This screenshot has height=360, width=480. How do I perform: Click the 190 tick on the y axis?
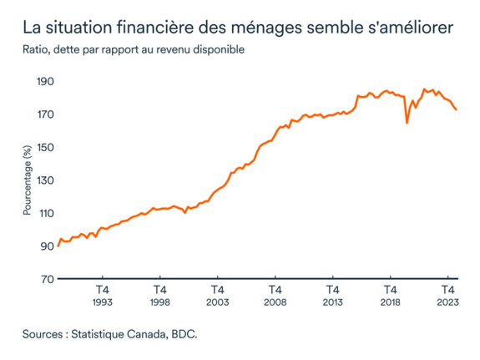coord(43,82)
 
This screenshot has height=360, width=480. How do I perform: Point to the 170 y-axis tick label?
coord(43,114)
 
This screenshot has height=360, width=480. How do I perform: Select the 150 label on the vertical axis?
coord(43,147)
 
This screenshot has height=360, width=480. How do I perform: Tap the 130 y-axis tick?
coord(43,180)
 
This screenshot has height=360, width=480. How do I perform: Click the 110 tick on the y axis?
coord(43,213)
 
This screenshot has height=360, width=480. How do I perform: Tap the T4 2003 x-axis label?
coord(217,296)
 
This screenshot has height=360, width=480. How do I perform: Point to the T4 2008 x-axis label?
coord(275,296)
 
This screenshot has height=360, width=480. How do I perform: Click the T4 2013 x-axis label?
coord(332,296)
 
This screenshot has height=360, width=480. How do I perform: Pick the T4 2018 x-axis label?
coord(390,296)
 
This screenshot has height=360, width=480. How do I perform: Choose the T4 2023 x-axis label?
coord(447,296)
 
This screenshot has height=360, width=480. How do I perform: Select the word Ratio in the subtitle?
coord(37,50)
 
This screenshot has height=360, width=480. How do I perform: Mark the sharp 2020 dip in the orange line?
coord(407,123)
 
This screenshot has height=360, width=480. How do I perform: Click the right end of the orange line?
coord(456,109)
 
